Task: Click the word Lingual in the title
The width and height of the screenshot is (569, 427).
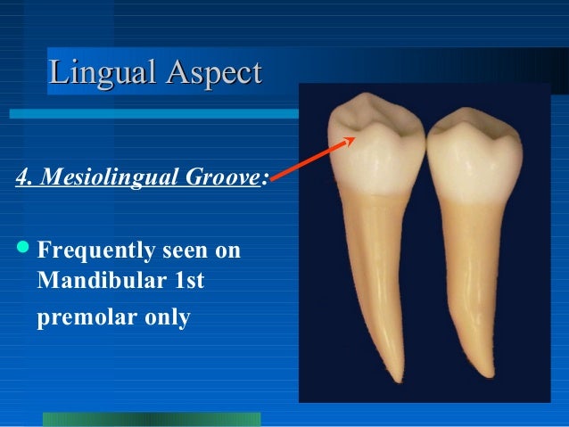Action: pyautogui.click(x=99, y=71)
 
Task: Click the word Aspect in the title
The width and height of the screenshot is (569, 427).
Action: pyautogui.click(x=210, y=71)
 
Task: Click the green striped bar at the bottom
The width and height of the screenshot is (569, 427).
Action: pyautogui.click(x=152, y=419)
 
